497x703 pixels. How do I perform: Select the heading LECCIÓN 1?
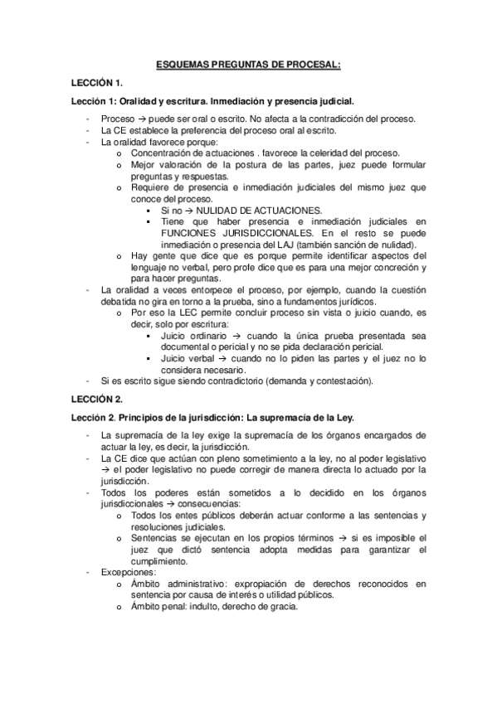pos(97,83)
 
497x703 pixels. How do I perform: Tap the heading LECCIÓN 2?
pos(97,399)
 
